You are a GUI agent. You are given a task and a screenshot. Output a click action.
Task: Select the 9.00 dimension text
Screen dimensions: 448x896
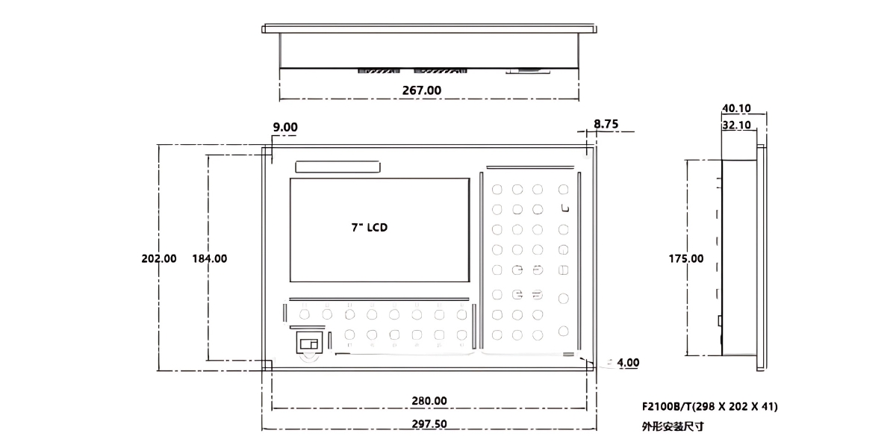click(284, 128)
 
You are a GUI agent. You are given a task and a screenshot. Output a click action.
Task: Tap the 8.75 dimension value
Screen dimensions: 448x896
click(606, 125)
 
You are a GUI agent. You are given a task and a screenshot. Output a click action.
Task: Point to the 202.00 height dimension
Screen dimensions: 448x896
click(159, 258)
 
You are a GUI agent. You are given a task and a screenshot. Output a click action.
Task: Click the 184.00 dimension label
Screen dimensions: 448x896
click(210, 258)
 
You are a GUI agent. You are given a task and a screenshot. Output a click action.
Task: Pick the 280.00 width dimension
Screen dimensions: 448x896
click(429, 400)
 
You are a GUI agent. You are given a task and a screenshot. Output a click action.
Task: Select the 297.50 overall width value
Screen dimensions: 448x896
click(429, 423)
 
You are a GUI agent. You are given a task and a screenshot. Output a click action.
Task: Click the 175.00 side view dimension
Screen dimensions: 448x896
click(685, 258)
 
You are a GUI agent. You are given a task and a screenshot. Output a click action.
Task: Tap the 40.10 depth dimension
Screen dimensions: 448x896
click(736, 108)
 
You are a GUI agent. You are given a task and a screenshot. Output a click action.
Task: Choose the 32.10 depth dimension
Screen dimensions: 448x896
click(736, 125)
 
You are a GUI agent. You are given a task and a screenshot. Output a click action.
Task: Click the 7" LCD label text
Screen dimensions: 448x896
click(369, 228)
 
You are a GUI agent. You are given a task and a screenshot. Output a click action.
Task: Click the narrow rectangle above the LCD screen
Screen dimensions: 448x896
click(337, 167)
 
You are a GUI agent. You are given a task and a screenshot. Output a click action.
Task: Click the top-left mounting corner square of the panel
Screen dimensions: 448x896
click(267, 151)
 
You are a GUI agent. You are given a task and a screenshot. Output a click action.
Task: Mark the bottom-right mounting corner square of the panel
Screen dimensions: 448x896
click(589, 366)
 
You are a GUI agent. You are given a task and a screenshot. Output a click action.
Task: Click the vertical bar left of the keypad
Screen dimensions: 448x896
click(482, 261)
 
